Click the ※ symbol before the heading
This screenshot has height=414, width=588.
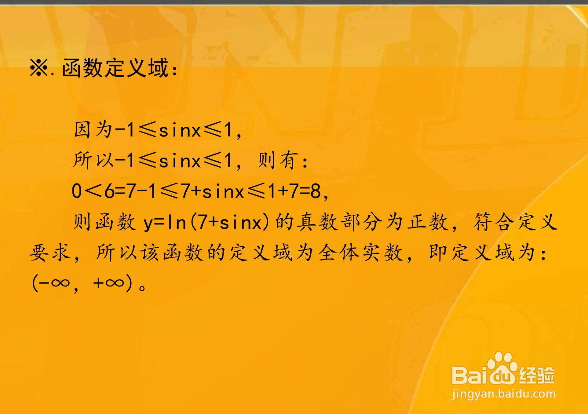[x=39, y=68]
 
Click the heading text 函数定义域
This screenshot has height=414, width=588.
[x=115, y=68]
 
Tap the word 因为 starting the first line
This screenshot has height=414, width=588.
[x=93, y=130]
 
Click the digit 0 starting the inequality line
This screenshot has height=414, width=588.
[x=77, y=191]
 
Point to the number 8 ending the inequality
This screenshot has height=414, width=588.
[x=316, y=191]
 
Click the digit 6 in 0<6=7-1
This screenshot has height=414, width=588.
[x=110, y=191]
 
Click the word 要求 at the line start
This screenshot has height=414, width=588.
[x=50, y=253]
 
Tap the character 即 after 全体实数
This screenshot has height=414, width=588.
[x=439, y=253]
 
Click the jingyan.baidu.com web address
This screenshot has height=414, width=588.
[x=503, y=394]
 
